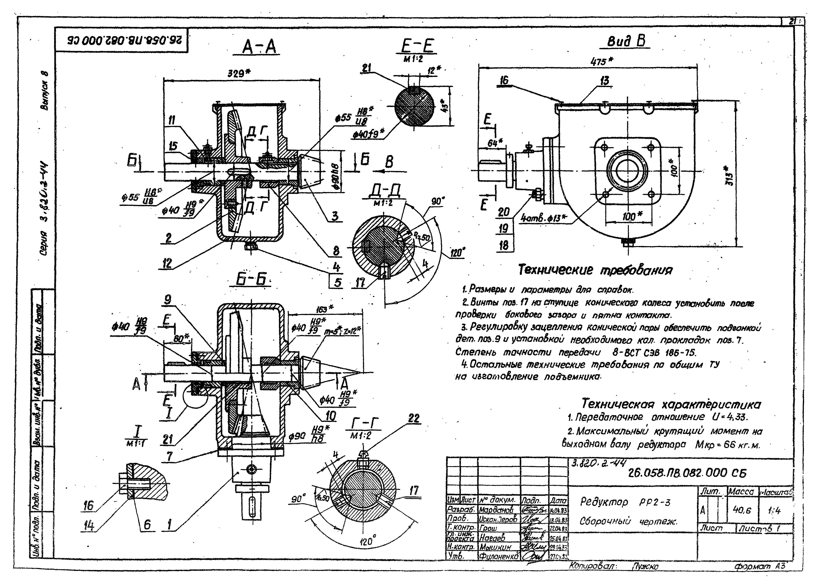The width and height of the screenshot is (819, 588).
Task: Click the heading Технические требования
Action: point(595,270)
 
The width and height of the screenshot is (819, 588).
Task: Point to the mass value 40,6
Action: point(742,510)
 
